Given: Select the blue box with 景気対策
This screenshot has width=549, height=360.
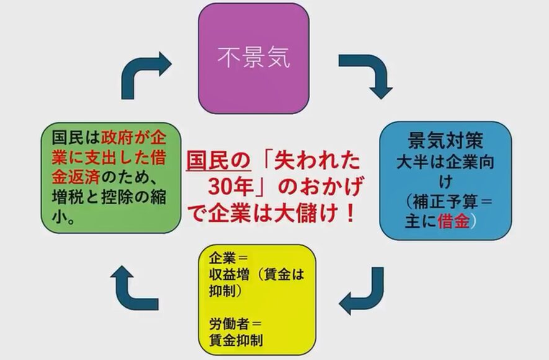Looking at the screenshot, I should (x=445, y=180).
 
